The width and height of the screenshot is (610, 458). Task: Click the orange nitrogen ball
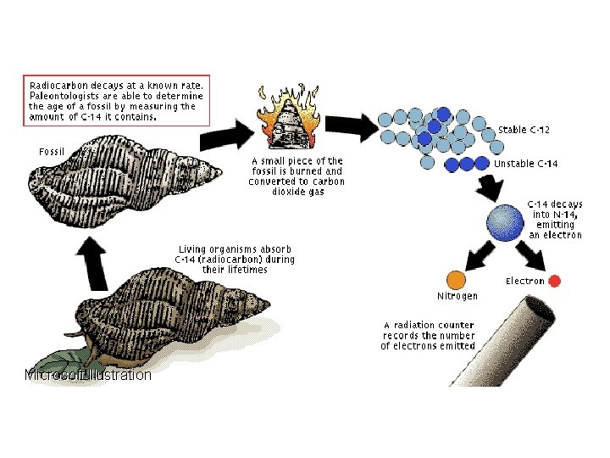(x=456, y=279)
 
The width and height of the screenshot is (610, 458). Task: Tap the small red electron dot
(x=555, y=281)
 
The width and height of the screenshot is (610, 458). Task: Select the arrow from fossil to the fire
(x=230, y=132)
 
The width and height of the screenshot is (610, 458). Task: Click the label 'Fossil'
(x=52, y=151)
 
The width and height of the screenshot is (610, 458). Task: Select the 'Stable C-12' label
(x=524, y=130)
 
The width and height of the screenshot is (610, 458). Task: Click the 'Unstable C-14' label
(x=525, y=163)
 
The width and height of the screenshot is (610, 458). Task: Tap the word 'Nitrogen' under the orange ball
(x=457, y=296)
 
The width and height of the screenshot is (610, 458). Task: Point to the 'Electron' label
(x=525, y=281)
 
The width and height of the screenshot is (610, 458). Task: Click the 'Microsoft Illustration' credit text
(x=88, y=375)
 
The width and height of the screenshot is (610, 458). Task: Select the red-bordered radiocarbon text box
(x=115, y=101)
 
